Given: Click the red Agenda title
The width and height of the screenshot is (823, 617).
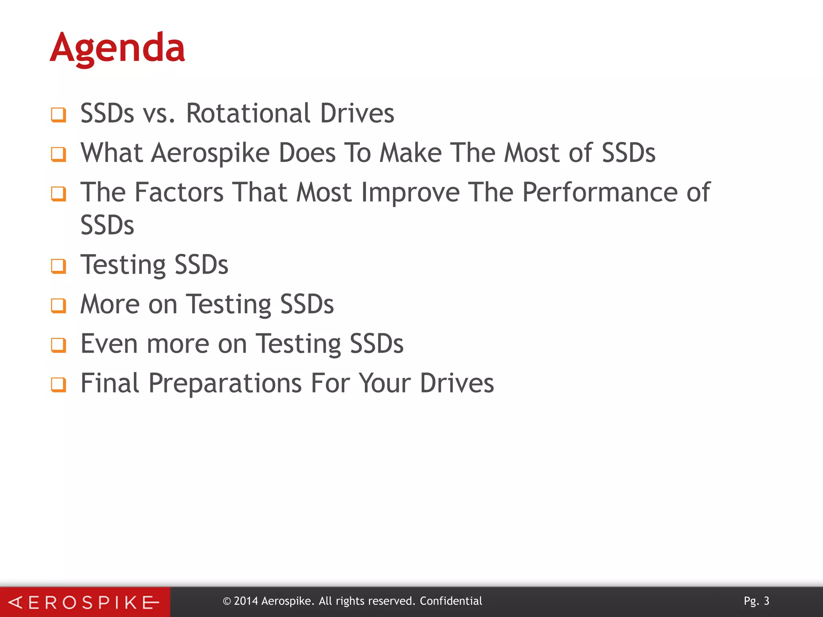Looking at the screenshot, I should (x=117, y=48).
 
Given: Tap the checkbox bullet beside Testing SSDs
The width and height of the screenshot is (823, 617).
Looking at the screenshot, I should (x=59, y=266).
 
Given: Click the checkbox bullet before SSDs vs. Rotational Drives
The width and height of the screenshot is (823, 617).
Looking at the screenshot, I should (x=59, y=114).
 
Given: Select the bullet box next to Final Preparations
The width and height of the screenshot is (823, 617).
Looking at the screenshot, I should (x=59, y=384).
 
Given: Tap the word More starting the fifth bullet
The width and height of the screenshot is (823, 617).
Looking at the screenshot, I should (x=109, y=304).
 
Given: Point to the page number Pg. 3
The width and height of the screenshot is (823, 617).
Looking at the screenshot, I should (x=756, y=601).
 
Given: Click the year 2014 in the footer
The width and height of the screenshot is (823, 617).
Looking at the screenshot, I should (x=246, y=601).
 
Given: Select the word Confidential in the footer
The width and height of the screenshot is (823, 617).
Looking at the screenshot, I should (x=451, y=601).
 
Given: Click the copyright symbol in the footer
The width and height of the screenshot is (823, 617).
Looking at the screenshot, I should (x=227, y=601).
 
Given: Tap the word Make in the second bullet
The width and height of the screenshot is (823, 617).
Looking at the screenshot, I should (x=411, y=153).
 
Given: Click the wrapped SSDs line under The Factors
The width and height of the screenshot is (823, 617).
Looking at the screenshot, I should (x=107, y=225).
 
